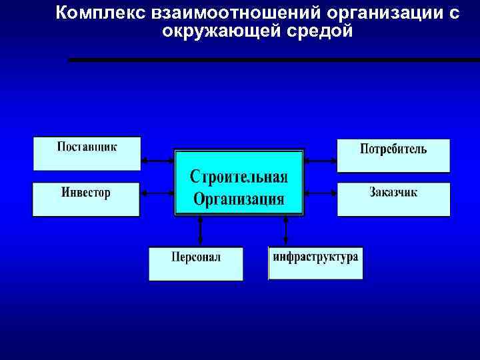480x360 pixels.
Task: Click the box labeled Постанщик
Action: [x=87, y=153]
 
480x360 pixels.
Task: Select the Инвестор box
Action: [x=86, y=199]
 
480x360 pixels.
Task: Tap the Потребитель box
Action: [x=393, y=155]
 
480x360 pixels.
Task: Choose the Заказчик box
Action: [x=393, y=199]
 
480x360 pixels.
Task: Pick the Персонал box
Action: [x=195, y=263]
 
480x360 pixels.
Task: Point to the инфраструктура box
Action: [x=315, y=263]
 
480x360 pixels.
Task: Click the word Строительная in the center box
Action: [x=239, y=177]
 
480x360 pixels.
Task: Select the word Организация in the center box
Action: [x=239, y=199]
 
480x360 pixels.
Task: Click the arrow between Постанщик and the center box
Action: [x=157, y=161]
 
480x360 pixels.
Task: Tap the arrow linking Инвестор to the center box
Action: [x=157, y=193]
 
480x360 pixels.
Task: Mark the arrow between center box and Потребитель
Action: [x=321, y=161]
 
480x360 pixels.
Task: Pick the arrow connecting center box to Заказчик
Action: [x=321, y=193]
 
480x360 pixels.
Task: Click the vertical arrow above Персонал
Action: [x=199, y=231]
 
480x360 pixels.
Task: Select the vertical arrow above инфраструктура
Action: [x=285, y=231]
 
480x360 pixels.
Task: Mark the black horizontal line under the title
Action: [x=273, y=60]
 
